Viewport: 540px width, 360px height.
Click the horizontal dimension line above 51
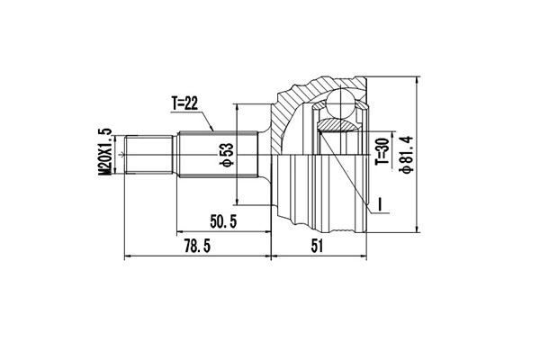pyautogui.click(x=318, y=257)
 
